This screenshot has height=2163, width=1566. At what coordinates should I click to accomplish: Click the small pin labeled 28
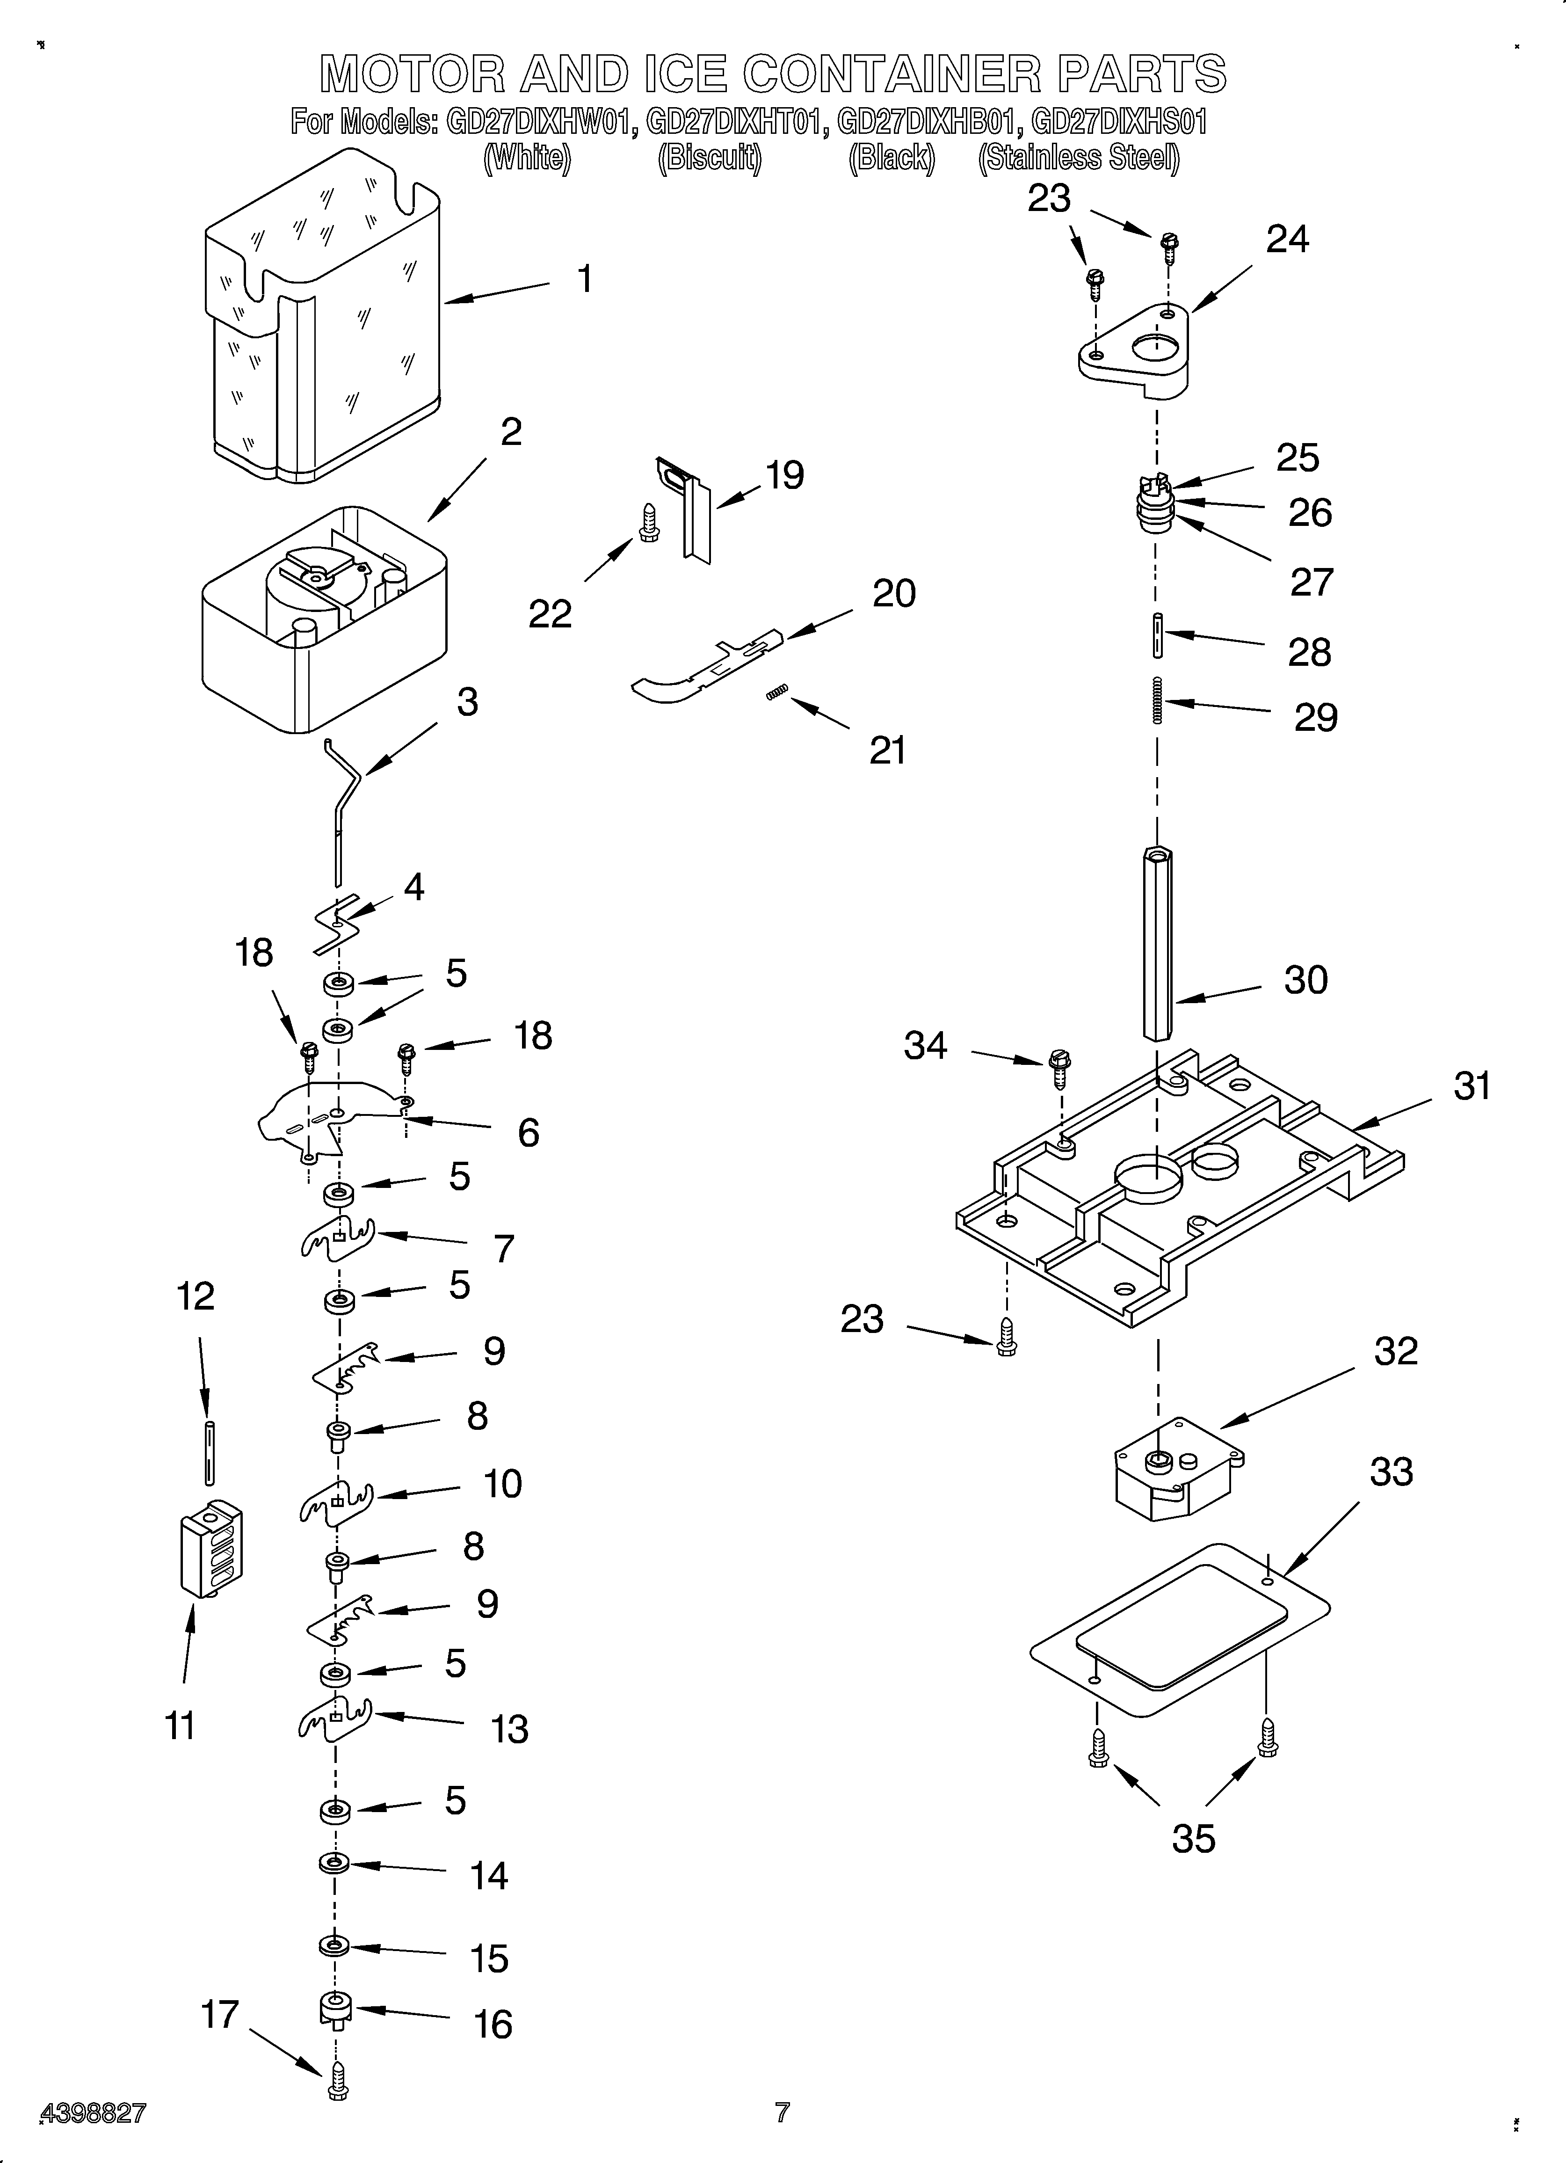[x=1157, y=634]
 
